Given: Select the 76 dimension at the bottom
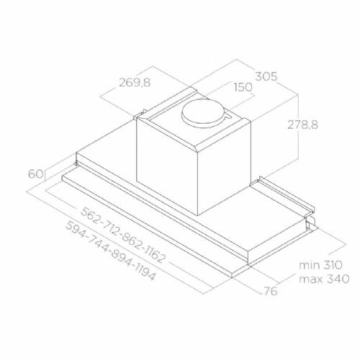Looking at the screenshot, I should (271, 292).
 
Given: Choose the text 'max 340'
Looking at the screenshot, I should (324, 279).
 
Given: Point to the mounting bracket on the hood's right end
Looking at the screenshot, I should (292, 201).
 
